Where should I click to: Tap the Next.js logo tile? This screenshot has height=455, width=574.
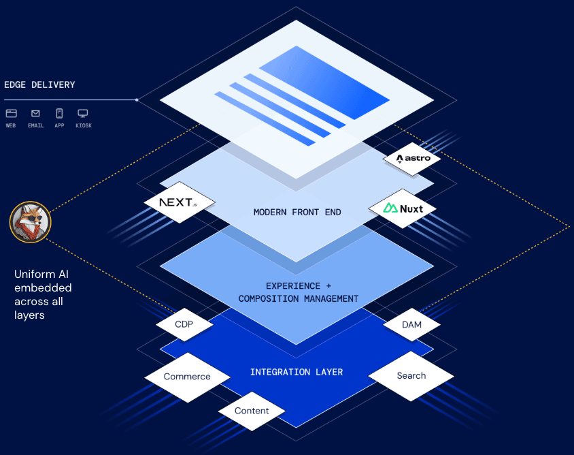pyautogui.click(x=180, y=203)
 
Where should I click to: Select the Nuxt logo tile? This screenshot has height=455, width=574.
pyautogui.click(x=402, y=208)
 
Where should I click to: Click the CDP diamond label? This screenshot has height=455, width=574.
pyautogui.click(x=184, y=324)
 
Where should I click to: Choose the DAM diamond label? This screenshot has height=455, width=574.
pyautogui.click(x=411, y=325)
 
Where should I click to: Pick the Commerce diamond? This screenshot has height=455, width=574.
pyautogui.click(x=187, y=377)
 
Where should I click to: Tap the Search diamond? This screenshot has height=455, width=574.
pyautogui.click(x=411, y=375)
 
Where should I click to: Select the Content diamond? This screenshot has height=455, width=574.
pyautogui.click(x=252, y=411)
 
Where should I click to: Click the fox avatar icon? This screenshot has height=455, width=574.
pyautogui.click(x=31, y=222)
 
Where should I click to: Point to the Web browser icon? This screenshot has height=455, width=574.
pyautogui.click(x=11, y=114)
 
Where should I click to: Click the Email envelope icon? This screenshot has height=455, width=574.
pyautogui.click(x=35, y=114)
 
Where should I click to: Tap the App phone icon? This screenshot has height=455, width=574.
pyautogui.click(x=59, y=114)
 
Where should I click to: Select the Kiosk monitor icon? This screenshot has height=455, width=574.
pyautogui.click(x=83, y=114)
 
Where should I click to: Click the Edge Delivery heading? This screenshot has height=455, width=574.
pyautogui.click(x=39, y=85)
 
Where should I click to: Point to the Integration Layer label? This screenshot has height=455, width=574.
pyautogui.click(x=297, y=372)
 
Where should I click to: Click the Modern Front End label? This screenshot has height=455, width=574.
pyautogui.click(x=297, y=212)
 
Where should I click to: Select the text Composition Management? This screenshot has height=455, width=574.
pyautogui.click(x=299, y=298)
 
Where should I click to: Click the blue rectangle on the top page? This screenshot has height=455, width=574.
pyautogui.click(x=324, y=82)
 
